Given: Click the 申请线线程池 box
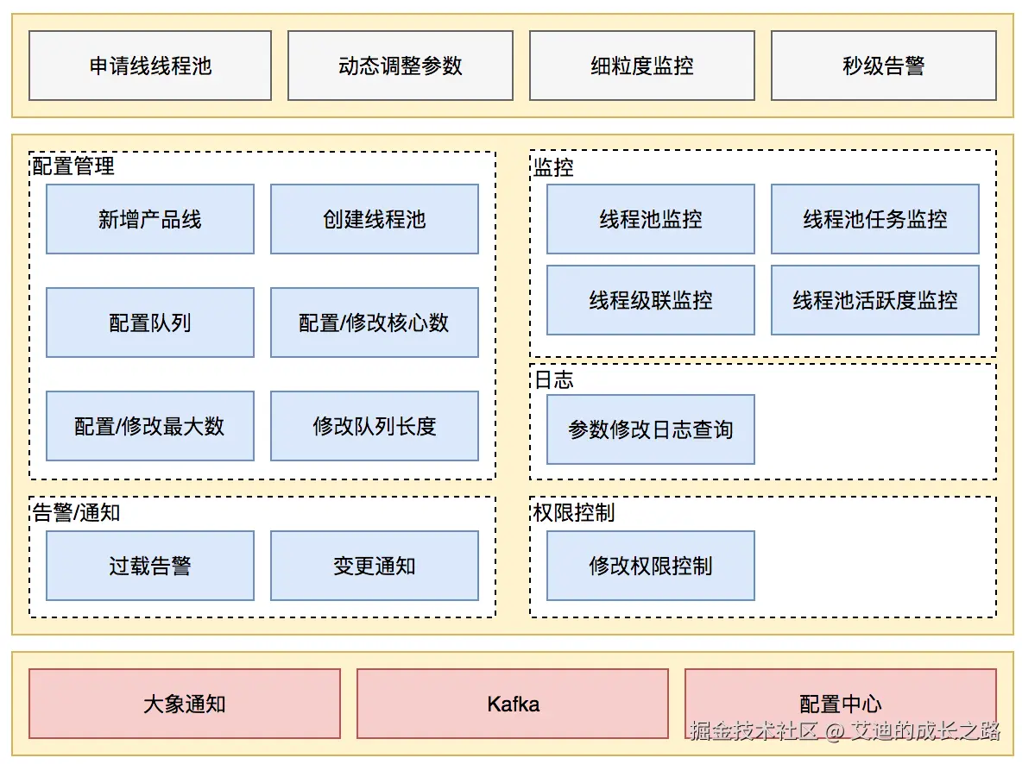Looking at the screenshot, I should tap(150, 66).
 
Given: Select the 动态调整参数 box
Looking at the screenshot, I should tap(400, 66).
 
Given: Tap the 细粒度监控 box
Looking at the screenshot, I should tap(641, 66).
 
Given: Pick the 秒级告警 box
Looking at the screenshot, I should tap(883, 66).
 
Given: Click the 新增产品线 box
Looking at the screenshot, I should tap(150, 219).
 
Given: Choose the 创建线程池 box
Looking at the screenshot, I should tap(374, 219).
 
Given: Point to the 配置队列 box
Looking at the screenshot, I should tap(150, 323).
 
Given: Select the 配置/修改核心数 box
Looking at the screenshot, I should tap(374, 323).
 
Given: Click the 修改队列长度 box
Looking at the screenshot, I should tap(374, 426).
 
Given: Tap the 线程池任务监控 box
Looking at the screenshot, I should tap(874, 219).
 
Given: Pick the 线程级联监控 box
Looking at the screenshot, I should tap(650, 300).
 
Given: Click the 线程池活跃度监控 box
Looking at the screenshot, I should tap(874, 300).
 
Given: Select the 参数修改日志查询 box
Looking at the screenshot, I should tap(650, 429).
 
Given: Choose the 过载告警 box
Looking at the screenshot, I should tap(150, 566).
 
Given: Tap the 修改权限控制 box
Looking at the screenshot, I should tap(650, 566).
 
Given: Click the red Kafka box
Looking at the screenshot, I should tap(513, 704).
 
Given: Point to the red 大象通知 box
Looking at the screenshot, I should tap(185, 704).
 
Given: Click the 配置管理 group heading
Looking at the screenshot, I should tap(73, 166).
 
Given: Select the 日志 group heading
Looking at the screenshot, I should tap(553, 380).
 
